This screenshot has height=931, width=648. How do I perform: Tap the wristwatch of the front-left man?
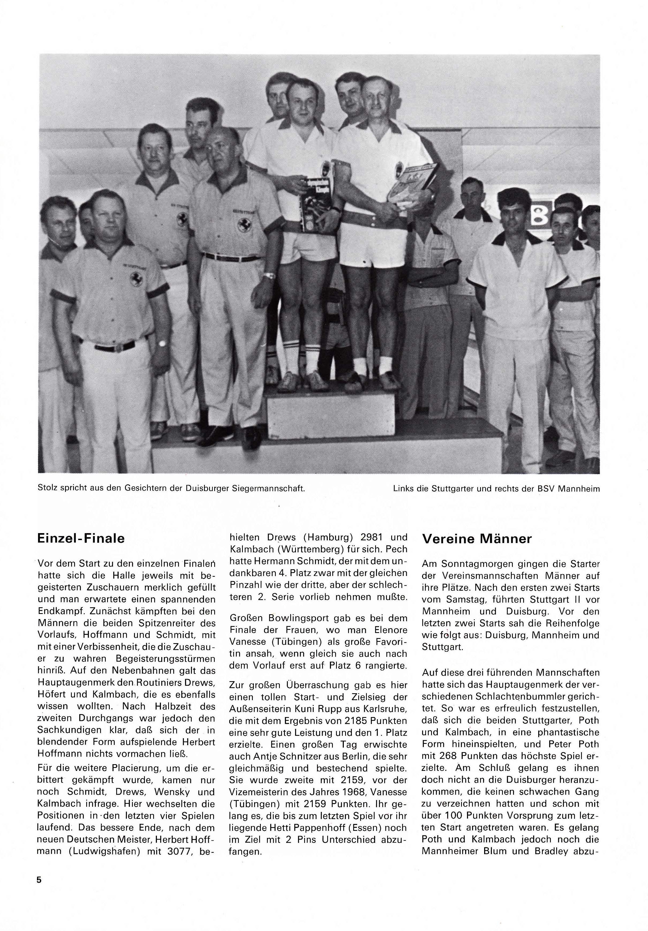[163, 344]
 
